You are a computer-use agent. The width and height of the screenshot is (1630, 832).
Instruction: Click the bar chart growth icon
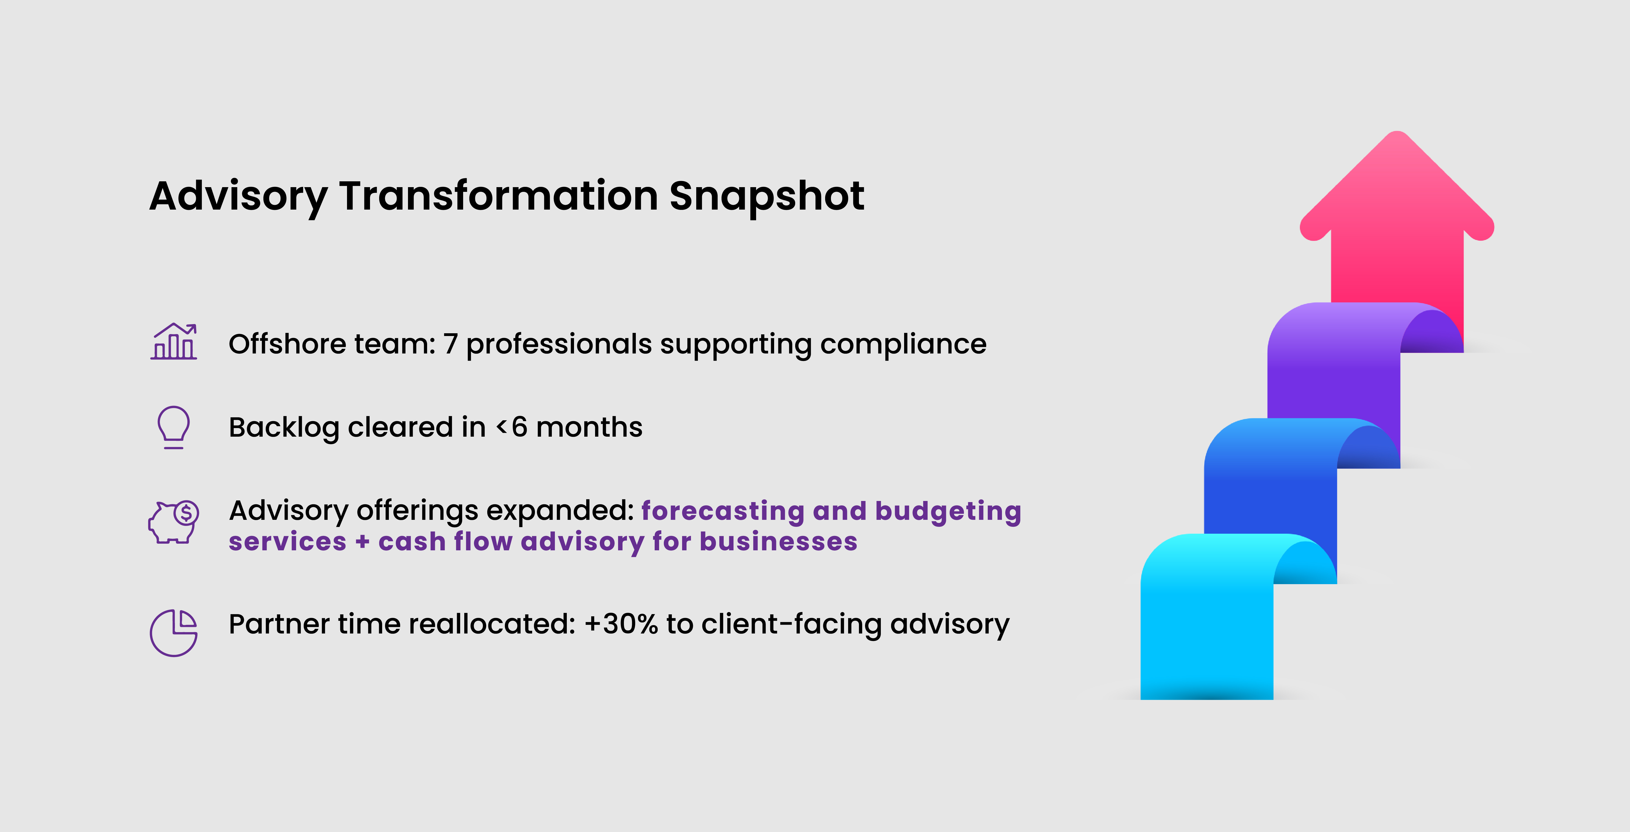point(174,342)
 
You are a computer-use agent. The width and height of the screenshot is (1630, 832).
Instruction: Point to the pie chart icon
point(174,633)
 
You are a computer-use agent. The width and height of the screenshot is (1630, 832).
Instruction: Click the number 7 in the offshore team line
point(450,344)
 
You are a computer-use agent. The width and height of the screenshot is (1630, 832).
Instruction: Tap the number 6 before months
point(519,427)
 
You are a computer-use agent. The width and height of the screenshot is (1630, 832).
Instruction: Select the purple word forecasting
point(723,511)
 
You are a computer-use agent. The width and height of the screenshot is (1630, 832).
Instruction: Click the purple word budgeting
point(948,511)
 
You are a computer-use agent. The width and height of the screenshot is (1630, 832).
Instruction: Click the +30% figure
point(621,624)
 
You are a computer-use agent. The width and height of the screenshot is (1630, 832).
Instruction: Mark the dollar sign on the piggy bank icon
point(186,513)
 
